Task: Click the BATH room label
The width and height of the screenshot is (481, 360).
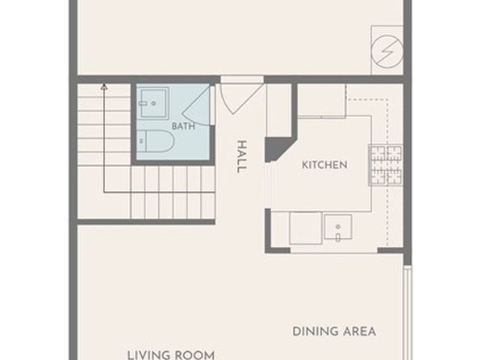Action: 183,126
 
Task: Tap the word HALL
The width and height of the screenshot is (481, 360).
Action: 242,157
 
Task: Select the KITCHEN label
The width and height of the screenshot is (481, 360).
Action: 324,165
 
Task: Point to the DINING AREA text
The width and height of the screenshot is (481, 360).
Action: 334,332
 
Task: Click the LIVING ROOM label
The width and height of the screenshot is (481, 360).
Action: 171,355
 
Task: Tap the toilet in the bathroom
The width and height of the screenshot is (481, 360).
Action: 155,141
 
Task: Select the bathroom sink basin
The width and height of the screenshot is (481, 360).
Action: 153,103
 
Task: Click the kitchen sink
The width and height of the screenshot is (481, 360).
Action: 338,227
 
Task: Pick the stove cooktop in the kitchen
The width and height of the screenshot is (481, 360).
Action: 386,165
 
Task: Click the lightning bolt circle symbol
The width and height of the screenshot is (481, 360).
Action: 387,51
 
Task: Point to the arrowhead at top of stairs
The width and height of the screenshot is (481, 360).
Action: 104,87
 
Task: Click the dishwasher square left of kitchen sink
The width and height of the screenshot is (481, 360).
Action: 306,228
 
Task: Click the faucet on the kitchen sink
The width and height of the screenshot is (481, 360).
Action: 337,237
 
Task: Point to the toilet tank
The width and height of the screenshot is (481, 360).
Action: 141,141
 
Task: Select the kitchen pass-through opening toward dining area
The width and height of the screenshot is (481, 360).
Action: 334,251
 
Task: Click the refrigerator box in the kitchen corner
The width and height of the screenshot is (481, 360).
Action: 322,100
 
